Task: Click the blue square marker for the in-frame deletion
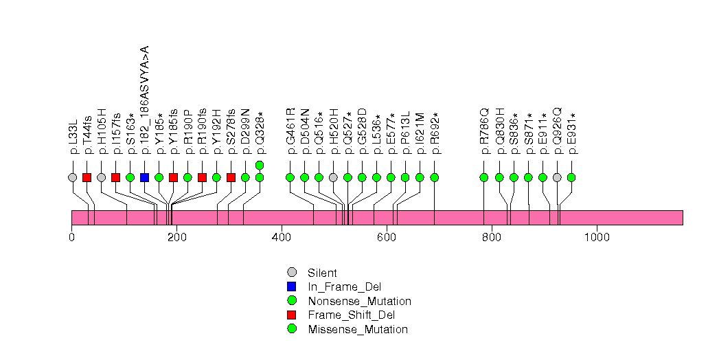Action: point(144,177)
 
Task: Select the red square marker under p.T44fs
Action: point(87,177)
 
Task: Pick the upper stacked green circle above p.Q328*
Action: point(260,165)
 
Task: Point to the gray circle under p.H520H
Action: point(333,177)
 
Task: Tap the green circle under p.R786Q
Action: point(484,177)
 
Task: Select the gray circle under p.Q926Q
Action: point(557,177)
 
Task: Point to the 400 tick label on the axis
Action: point(282,237)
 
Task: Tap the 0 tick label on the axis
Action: point(71,237)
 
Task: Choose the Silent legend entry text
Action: point(323,273)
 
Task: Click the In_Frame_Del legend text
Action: point(344,286)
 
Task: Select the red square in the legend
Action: point(291,315)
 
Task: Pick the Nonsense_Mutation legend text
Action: point(359,301)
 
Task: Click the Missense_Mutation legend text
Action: point(358,329)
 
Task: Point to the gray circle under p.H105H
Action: point(102,177)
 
